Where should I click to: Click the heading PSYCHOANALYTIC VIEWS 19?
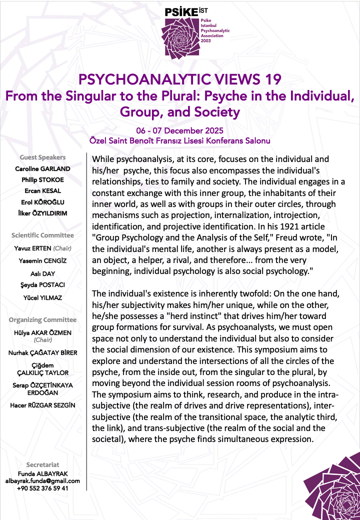pos(180,79)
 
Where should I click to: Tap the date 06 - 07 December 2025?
pos(180,131)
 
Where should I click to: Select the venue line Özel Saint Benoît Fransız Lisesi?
pos(180,141)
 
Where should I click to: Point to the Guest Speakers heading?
pos(42,157)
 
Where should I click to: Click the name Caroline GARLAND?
pos(42,168)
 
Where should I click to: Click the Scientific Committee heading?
pos(42,235)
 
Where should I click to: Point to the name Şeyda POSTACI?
pos(42,284)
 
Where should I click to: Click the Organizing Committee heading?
pos(42,319)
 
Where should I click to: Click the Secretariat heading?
pos(42,465)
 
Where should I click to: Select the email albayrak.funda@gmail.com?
pos(42,481)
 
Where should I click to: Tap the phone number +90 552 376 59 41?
pos(42,488)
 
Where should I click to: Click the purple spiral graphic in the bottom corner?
pos(332,490)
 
